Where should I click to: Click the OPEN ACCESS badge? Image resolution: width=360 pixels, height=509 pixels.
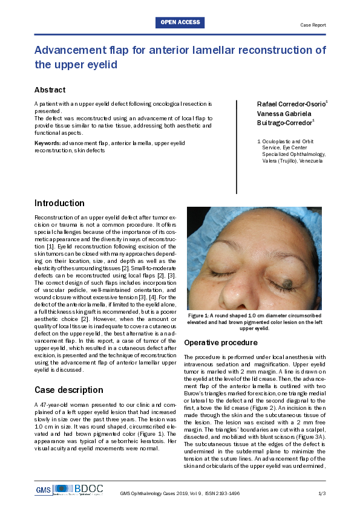(180, 23)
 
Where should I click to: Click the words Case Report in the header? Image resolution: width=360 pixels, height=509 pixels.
(313, 25)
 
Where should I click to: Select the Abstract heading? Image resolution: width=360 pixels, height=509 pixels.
(50, 90)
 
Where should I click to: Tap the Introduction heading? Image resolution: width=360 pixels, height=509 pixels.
(59, 203)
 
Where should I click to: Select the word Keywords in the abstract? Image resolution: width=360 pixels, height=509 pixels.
(47, 143)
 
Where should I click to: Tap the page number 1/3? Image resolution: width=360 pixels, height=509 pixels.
(322, 493)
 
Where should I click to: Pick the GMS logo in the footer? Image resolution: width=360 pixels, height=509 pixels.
(43, 488)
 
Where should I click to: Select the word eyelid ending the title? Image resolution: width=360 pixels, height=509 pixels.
(101, 64)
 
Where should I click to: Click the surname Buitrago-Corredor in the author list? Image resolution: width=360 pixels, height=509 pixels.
(284, 123)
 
